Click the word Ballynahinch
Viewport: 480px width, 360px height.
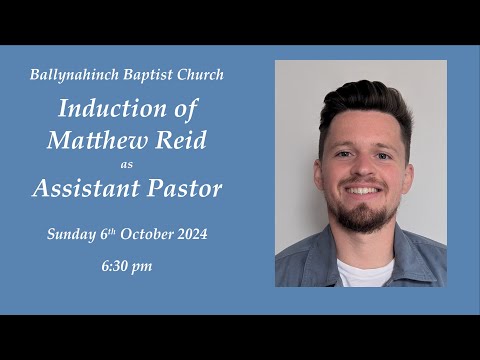[68, 75]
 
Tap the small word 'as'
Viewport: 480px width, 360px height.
[126, 164]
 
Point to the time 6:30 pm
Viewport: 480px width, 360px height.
[126, 267]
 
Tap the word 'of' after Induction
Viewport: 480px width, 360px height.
[187, 107]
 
